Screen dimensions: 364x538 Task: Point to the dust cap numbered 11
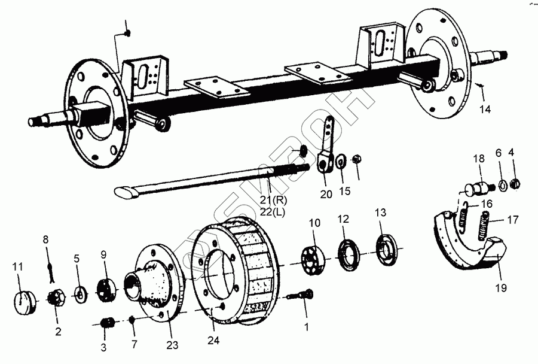(25, 298)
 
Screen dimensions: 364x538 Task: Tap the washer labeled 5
(78, 294)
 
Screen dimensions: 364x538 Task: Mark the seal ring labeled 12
(347, 254)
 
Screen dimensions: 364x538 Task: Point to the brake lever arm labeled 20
(326, 153)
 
